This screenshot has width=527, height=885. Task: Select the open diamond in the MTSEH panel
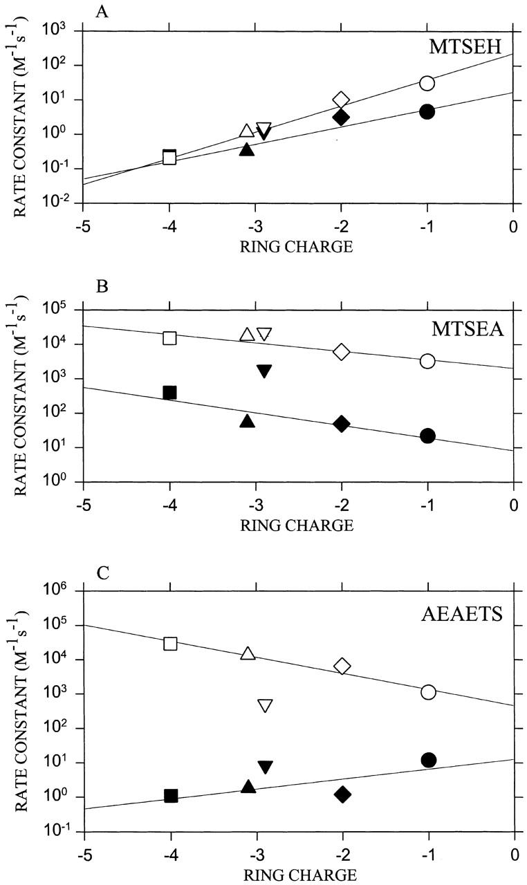coord(341,100)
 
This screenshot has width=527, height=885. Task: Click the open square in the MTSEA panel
coord(169,338)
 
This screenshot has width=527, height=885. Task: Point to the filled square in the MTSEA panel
coord(169,393)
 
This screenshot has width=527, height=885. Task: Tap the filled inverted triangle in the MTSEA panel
coord(264,371)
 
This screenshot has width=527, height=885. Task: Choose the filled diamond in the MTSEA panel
coord(341,424)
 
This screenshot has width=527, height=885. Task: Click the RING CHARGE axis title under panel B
coord(297,525)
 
